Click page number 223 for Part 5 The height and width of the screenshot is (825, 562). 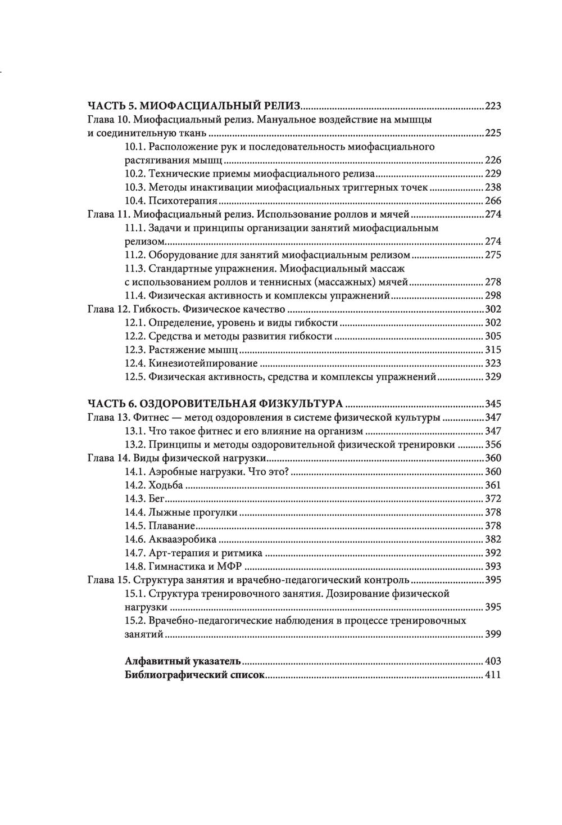click(492, 106)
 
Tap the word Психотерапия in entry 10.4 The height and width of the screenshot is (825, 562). click(183, 201)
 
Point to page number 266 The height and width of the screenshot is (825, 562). click(492, 201)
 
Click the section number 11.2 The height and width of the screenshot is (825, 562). click(135, 255)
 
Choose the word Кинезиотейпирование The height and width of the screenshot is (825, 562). click(203, 363)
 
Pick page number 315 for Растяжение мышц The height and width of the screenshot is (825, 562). click(492, 350)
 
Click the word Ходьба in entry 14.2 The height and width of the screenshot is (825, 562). click(166, 485)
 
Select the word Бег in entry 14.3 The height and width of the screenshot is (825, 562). click(156, 498)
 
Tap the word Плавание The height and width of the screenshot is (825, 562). click(171, 526)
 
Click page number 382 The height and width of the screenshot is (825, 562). click(492, 539)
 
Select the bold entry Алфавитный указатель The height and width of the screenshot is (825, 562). click(183, 661)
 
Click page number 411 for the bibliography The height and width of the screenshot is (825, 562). click(492, 675)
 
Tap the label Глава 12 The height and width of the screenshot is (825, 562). click(109, 309)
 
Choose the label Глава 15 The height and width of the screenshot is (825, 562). click(109, 580)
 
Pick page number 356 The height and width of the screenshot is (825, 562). click(492, 445)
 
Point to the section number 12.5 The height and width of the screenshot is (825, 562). click(135, 377)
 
